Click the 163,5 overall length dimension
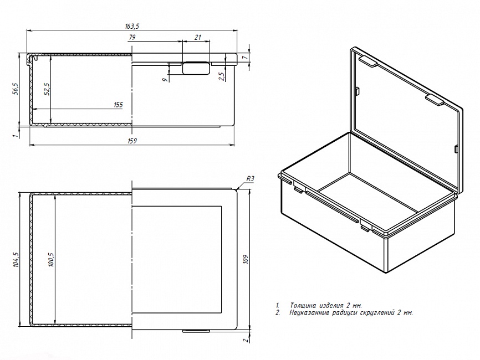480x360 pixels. coord(132,25)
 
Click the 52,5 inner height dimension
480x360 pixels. coord(47,89)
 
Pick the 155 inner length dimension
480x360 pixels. coord(118,104)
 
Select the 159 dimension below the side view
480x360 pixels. coord(132,141)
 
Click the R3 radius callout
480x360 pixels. coord(249,179)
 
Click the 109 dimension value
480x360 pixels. coord(244,258)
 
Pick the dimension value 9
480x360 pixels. coord(165,80)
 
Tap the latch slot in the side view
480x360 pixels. coord(196,68)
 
